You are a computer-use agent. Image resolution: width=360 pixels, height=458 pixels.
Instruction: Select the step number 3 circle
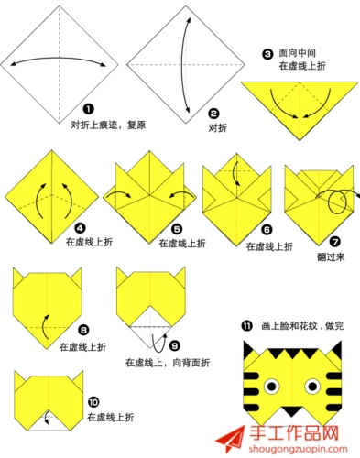tap(267, 54)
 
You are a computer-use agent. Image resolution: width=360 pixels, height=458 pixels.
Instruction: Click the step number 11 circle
tap(246, 325)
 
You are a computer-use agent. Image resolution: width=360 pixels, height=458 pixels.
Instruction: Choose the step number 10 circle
tap(93, 401)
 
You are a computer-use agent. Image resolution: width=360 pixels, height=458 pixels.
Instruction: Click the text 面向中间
tap(299, 54)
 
